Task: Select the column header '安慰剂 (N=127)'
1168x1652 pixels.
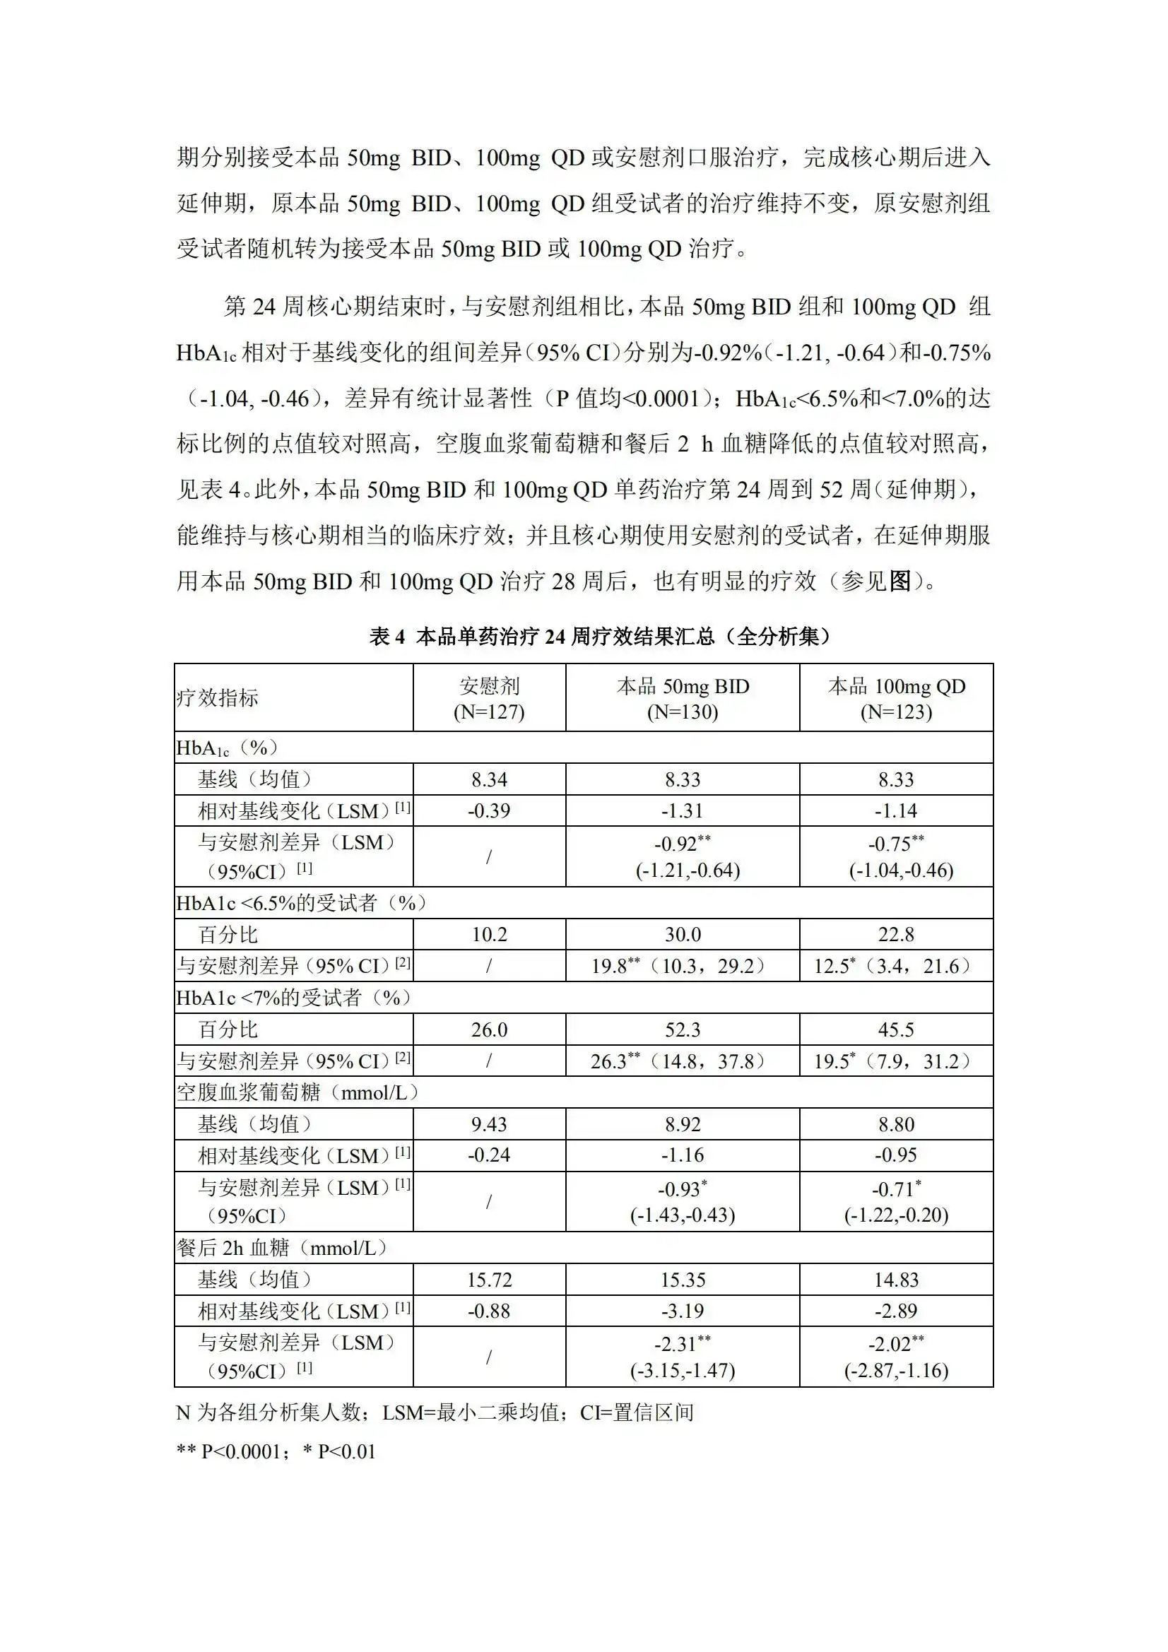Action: click(489, 699)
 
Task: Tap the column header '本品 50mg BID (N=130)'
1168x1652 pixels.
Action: click(683, 699)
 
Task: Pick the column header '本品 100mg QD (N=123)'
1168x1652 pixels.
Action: click(896, 699)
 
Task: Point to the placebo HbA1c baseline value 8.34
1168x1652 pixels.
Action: click(489, 779)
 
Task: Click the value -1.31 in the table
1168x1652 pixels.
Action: click(683, 811)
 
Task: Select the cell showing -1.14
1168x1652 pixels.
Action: click(896, 811)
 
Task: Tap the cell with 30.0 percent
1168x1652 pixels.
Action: click(683, 935)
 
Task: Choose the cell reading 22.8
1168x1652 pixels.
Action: click(896, 935)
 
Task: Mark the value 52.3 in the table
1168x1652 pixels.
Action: click(683, 1029)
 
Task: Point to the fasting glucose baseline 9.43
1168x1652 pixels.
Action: click(489, 1124)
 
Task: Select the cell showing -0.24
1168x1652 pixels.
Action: click(489, 1155)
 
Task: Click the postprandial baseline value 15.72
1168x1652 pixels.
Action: click(489, 1280)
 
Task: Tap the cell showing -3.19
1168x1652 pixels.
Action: click(683, 1311)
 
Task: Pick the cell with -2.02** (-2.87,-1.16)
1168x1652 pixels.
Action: click(896, 1356)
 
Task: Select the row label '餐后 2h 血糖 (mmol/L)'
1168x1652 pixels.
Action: click(282, 1248)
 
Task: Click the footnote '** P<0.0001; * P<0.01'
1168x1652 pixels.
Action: click(276, 1452)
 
